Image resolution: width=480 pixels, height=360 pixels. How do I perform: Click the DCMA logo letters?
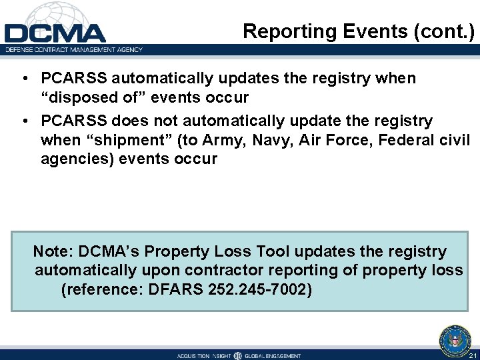click(x=55, y=33)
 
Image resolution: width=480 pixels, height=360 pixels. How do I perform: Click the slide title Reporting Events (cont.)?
click(x=358, y=31)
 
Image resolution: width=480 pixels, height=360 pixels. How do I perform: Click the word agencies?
click(x=73, y=159)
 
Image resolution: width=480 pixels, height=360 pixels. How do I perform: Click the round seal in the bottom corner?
click(x=455, y=340)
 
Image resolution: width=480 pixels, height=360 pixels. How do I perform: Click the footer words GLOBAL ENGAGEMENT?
click(x=273, y=356)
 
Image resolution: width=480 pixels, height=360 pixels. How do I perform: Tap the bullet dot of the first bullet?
click(x=24, y=79)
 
